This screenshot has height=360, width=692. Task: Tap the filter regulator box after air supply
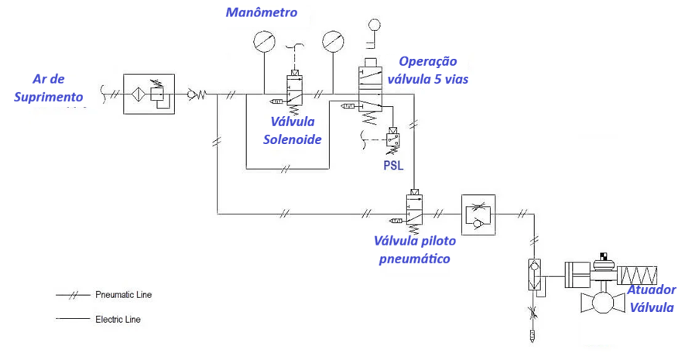pyautogui.click(x=149, y=94)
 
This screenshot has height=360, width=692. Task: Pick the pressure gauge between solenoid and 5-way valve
pyautogui.click(x=334, y=39)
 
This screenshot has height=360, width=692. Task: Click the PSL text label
pyautogui.click(x=393, y=165)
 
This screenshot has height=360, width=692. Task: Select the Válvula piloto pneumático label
pyautogui.click(x=414, y=250)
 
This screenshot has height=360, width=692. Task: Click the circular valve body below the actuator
pyautogui.click(x=602, y=301)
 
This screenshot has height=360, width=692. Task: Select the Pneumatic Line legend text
pyautogui.click(x=123, y=295)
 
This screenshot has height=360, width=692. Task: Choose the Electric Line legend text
pyautogui.click(x=118, y=318)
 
